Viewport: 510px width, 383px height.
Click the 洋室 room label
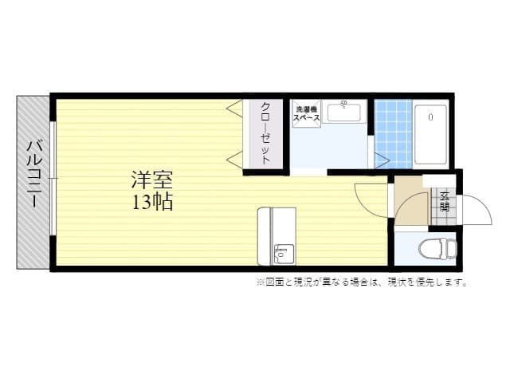point(152,180)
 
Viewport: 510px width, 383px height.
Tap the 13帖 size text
point(152,201)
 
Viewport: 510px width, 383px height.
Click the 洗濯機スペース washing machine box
point(307,114)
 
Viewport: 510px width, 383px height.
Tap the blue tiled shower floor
point(393,134)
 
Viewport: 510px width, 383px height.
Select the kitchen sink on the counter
point(283,254)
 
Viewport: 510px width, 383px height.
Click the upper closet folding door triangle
point(235,107)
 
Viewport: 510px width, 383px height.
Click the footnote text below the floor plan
point(361,282)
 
